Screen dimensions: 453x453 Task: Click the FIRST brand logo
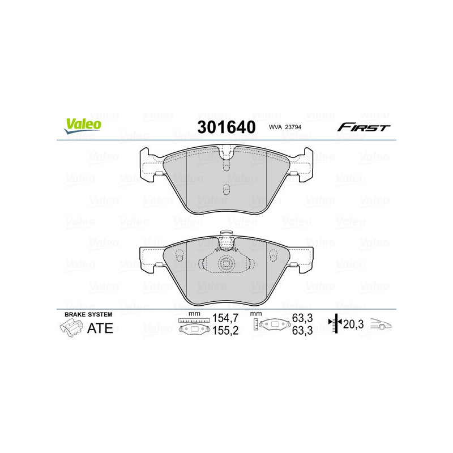coord(364,127)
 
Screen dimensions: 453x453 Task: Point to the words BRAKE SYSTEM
coord(88,314)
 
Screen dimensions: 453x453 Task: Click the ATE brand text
coord(99,328)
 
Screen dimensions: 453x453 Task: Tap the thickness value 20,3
coord(354,324)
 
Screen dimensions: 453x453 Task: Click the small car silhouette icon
coord(381,324)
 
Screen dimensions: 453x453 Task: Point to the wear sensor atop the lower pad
coord(226,241)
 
